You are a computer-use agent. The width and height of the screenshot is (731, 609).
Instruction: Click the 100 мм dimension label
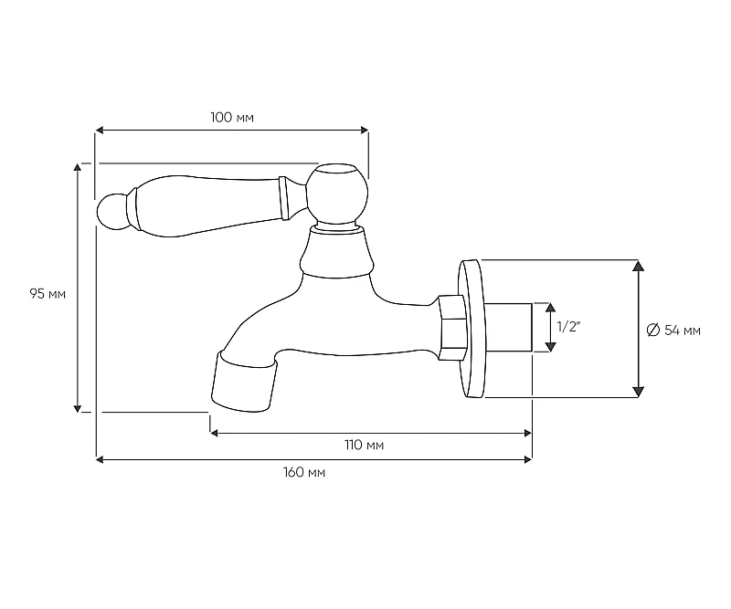(x=232, y=118)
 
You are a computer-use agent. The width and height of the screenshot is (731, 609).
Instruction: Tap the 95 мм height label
(x=48, y=294)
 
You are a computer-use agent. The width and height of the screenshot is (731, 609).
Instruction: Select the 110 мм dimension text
(x=364, y=445)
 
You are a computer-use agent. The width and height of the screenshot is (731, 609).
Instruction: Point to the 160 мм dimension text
(x=304, y=472)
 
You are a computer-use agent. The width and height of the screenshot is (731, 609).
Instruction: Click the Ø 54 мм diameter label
(x=673, y=331)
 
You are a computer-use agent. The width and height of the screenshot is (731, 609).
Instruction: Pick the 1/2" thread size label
(x=567, y=327)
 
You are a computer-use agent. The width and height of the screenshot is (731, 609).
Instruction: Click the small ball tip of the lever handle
(x=112, y=212)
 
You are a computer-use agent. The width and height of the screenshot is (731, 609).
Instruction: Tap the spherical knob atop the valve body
(x=337, y=194)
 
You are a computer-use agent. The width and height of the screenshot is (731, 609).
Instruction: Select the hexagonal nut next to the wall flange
(x=452, y=328)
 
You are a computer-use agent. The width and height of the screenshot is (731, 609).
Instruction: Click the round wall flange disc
(x=472, y=329)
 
